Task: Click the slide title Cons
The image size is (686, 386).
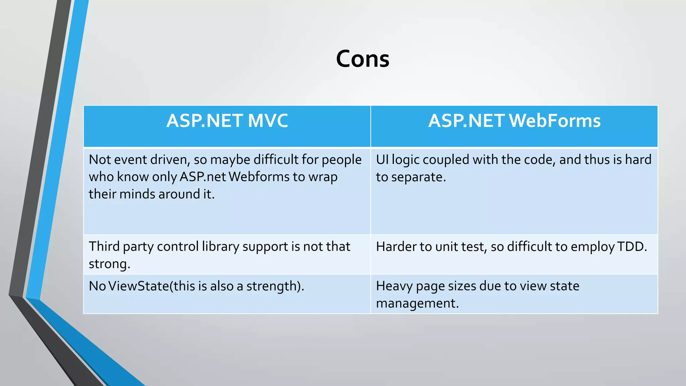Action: coord(362,59)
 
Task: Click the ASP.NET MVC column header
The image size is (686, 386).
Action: coord(227,121)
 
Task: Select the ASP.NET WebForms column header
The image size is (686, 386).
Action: coord(514,121)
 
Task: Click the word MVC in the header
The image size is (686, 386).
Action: coord(268,121)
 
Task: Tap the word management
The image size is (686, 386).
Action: coord(417,304)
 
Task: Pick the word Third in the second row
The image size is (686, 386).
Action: coord(104,247)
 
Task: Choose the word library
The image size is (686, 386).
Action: coord(221,247)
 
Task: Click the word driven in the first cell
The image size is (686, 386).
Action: coord(170,160)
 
